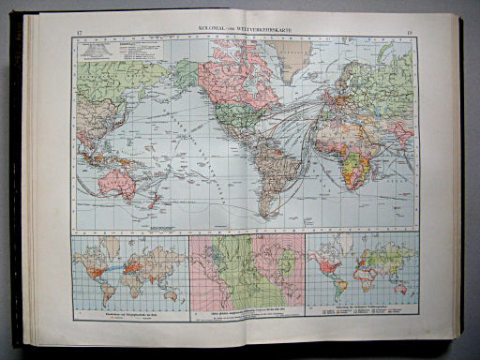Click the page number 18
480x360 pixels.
[411, 34]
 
